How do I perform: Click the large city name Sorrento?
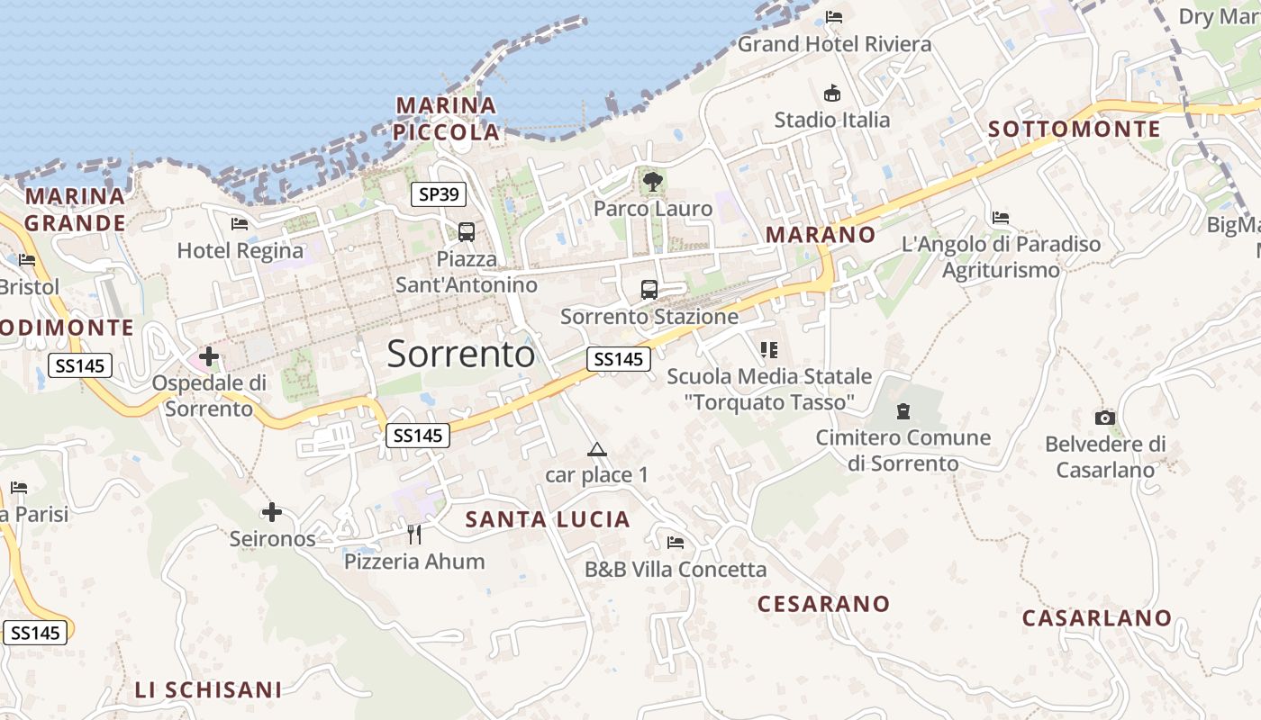pos(460,354)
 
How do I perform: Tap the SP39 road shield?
pos(438,193)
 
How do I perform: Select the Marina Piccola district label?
pos(447,119)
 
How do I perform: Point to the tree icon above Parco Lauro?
pos(652,182)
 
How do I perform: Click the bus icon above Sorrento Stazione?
pos(649,290)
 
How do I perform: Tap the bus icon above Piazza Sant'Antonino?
pos(466,232)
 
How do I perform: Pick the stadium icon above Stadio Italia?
pos(831,93)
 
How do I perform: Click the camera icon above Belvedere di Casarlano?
pos(1104,418)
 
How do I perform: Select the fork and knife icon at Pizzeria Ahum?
pos(413,535)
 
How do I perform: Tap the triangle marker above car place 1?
pos(595,449)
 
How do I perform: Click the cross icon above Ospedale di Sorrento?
pos(209,356)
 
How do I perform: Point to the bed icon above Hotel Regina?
pos(239,223)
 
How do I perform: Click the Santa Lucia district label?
pos(547,519)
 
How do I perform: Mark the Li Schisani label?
pos(208,690)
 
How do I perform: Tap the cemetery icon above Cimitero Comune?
pos(903,412)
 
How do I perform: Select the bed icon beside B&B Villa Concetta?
pos(675,542)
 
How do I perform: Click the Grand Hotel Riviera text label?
pos(834,43)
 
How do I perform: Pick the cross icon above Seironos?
pos(271,513)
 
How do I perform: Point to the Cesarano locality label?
pos(823,604)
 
